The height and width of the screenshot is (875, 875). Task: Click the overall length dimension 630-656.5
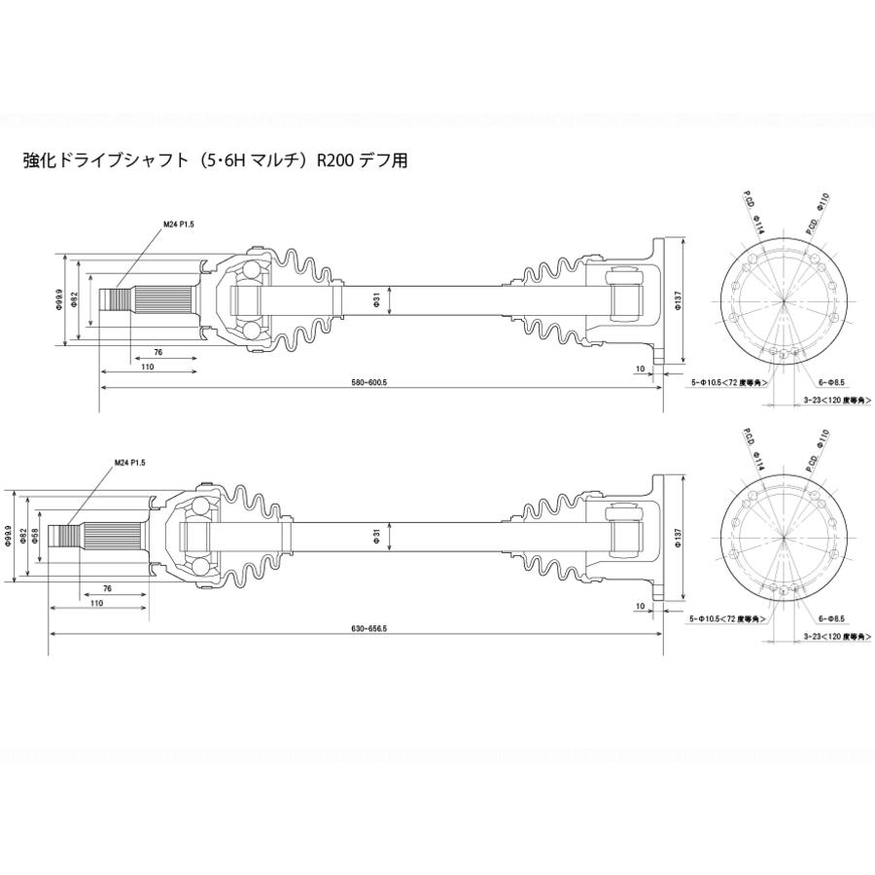pos(369,629)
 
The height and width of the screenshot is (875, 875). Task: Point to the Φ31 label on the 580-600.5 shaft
pos(376,298)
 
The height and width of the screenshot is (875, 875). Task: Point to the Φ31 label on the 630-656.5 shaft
pos(375,535)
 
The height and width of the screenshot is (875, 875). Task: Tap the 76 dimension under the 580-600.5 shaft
pos(156,352)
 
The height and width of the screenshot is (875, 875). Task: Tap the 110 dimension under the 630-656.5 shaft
pos(97,603)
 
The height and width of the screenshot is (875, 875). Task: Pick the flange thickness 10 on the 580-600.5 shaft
pos(640,368)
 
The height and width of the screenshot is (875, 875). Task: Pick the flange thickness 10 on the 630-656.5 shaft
pos(640,605)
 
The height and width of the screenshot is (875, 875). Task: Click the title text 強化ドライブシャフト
pos(100,160)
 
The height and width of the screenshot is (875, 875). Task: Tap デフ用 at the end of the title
pos(387,160)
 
